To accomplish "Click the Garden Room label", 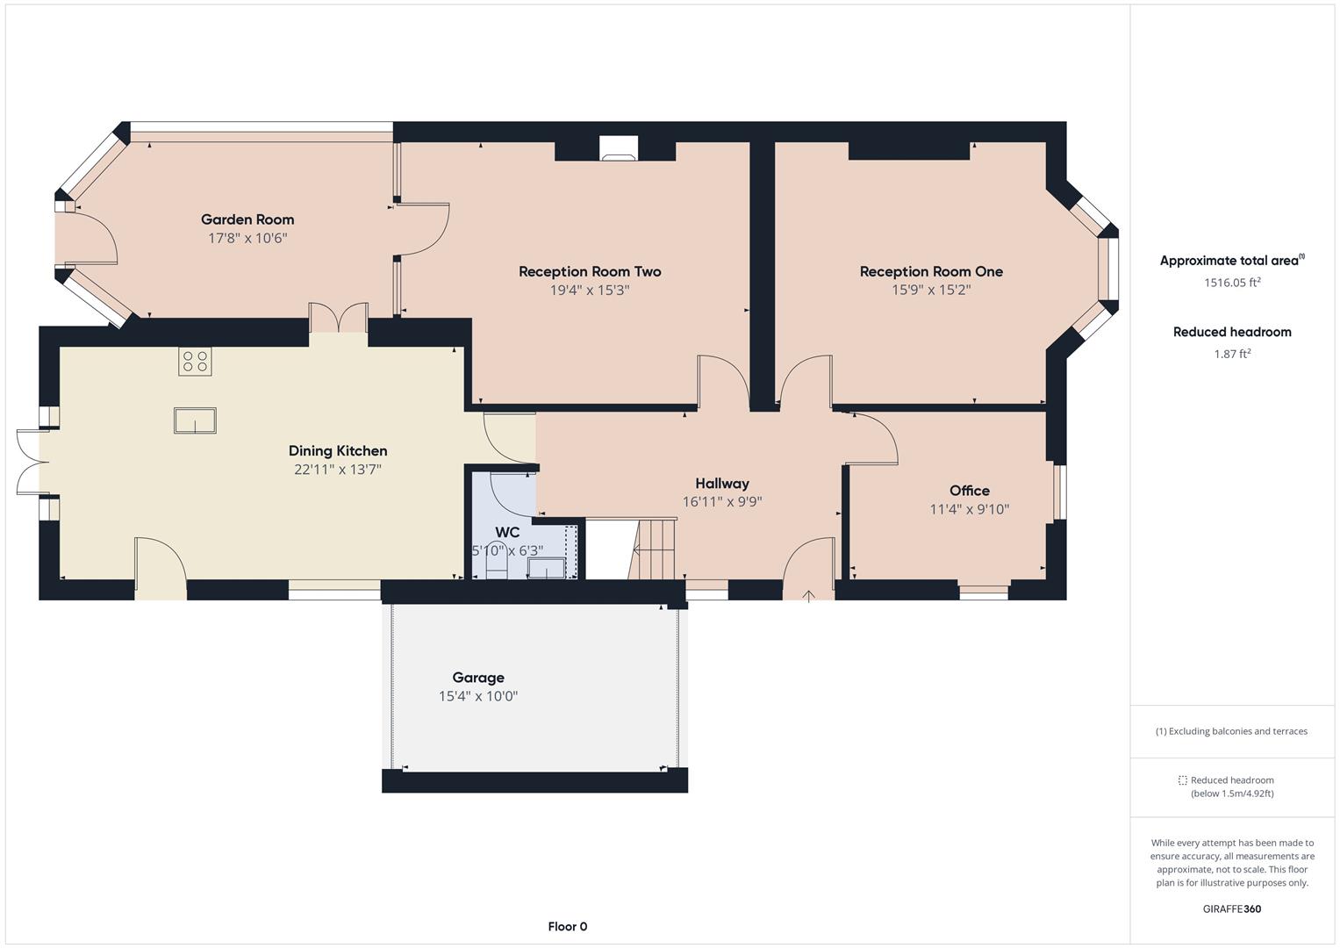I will click(247, 219).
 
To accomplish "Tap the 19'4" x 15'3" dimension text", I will click(590, 291).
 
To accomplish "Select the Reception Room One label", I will click(931, 271).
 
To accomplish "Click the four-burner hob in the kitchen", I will click(195, 362).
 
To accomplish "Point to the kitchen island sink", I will click(195, 421).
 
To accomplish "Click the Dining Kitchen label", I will click(338, 450).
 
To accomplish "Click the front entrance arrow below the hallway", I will click(809, 596).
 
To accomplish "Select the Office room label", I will click(969, 491).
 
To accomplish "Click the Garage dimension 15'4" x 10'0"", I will click(478, 696).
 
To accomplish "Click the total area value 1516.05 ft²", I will click(1232, 283).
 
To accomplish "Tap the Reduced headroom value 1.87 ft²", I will click(1232, 354).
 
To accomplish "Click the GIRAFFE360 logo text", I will click(1232, 908).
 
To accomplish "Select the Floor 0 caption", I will click(568, 926).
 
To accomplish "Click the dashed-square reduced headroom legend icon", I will click(1182, 780).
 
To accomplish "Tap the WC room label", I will click(507, 532).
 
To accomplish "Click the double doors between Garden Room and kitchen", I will click(338, 318).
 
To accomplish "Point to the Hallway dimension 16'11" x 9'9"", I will click(722, 502).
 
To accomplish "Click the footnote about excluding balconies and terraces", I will click(1232, 731).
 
